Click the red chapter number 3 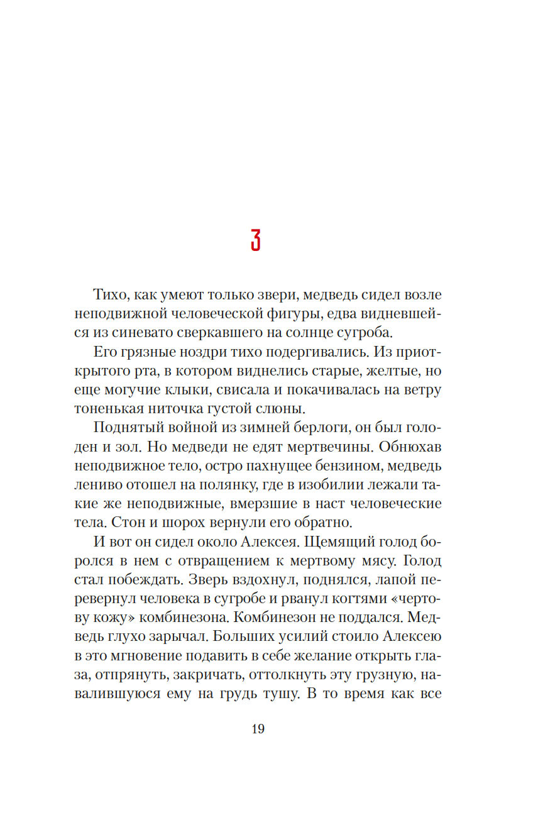click(x=256, y=239)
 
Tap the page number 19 click(x=258, y=730)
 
